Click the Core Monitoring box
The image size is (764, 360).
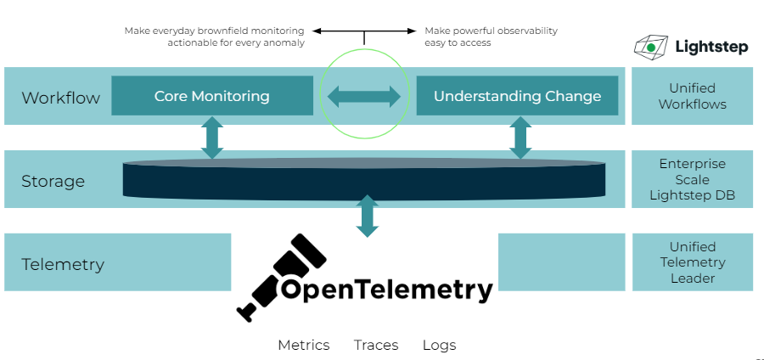click(212, 96)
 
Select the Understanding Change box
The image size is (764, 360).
click(517, 96)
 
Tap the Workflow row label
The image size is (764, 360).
click(60, 98)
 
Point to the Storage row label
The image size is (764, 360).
click(53, 181)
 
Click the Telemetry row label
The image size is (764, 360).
click(63, 264)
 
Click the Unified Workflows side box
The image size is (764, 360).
click(692, 96)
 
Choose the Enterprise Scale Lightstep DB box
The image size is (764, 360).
click(692, 179)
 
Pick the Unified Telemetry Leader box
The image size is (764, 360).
click(692, 262)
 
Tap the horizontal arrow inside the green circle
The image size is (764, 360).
click(364, 96)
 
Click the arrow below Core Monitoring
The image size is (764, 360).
click(212, 138)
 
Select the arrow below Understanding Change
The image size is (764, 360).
click(521, 138)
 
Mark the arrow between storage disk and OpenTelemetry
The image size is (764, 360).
click(367, 216)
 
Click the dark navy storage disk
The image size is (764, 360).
click(364, 180)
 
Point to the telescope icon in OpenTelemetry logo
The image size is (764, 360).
click(280, 276)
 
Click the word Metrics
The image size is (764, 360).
click(304, 345)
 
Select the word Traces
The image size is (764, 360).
click(376, 345)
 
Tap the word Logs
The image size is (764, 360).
click(439, 345)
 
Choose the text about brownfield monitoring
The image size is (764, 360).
click(214, 37)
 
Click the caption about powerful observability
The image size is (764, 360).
click(491, 37)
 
